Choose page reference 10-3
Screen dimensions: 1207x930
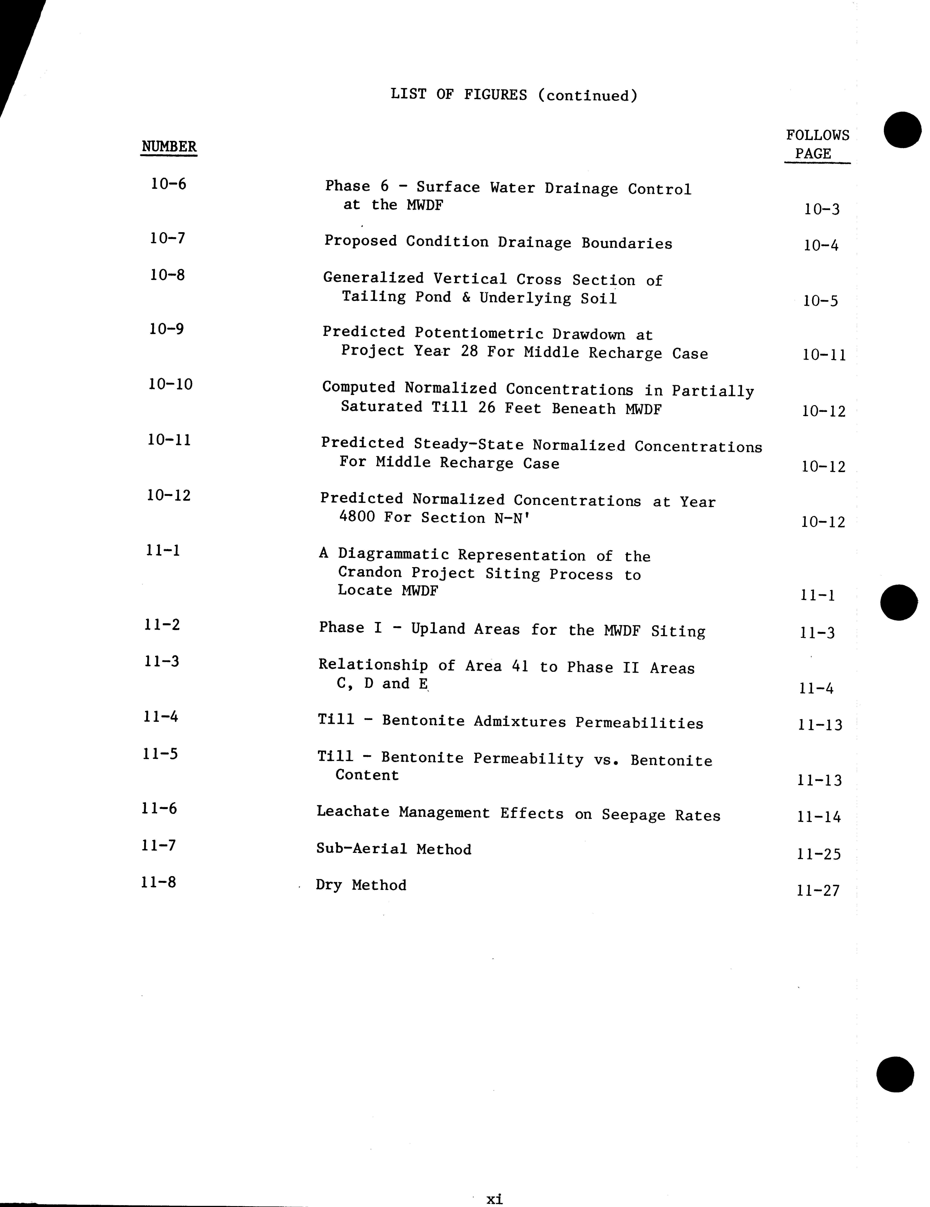[x=822, y=209]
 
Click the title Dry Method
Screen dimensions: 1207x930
[x=361, y=885]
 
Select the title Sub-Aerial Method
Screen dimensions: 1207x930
[x=393, y=849]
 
